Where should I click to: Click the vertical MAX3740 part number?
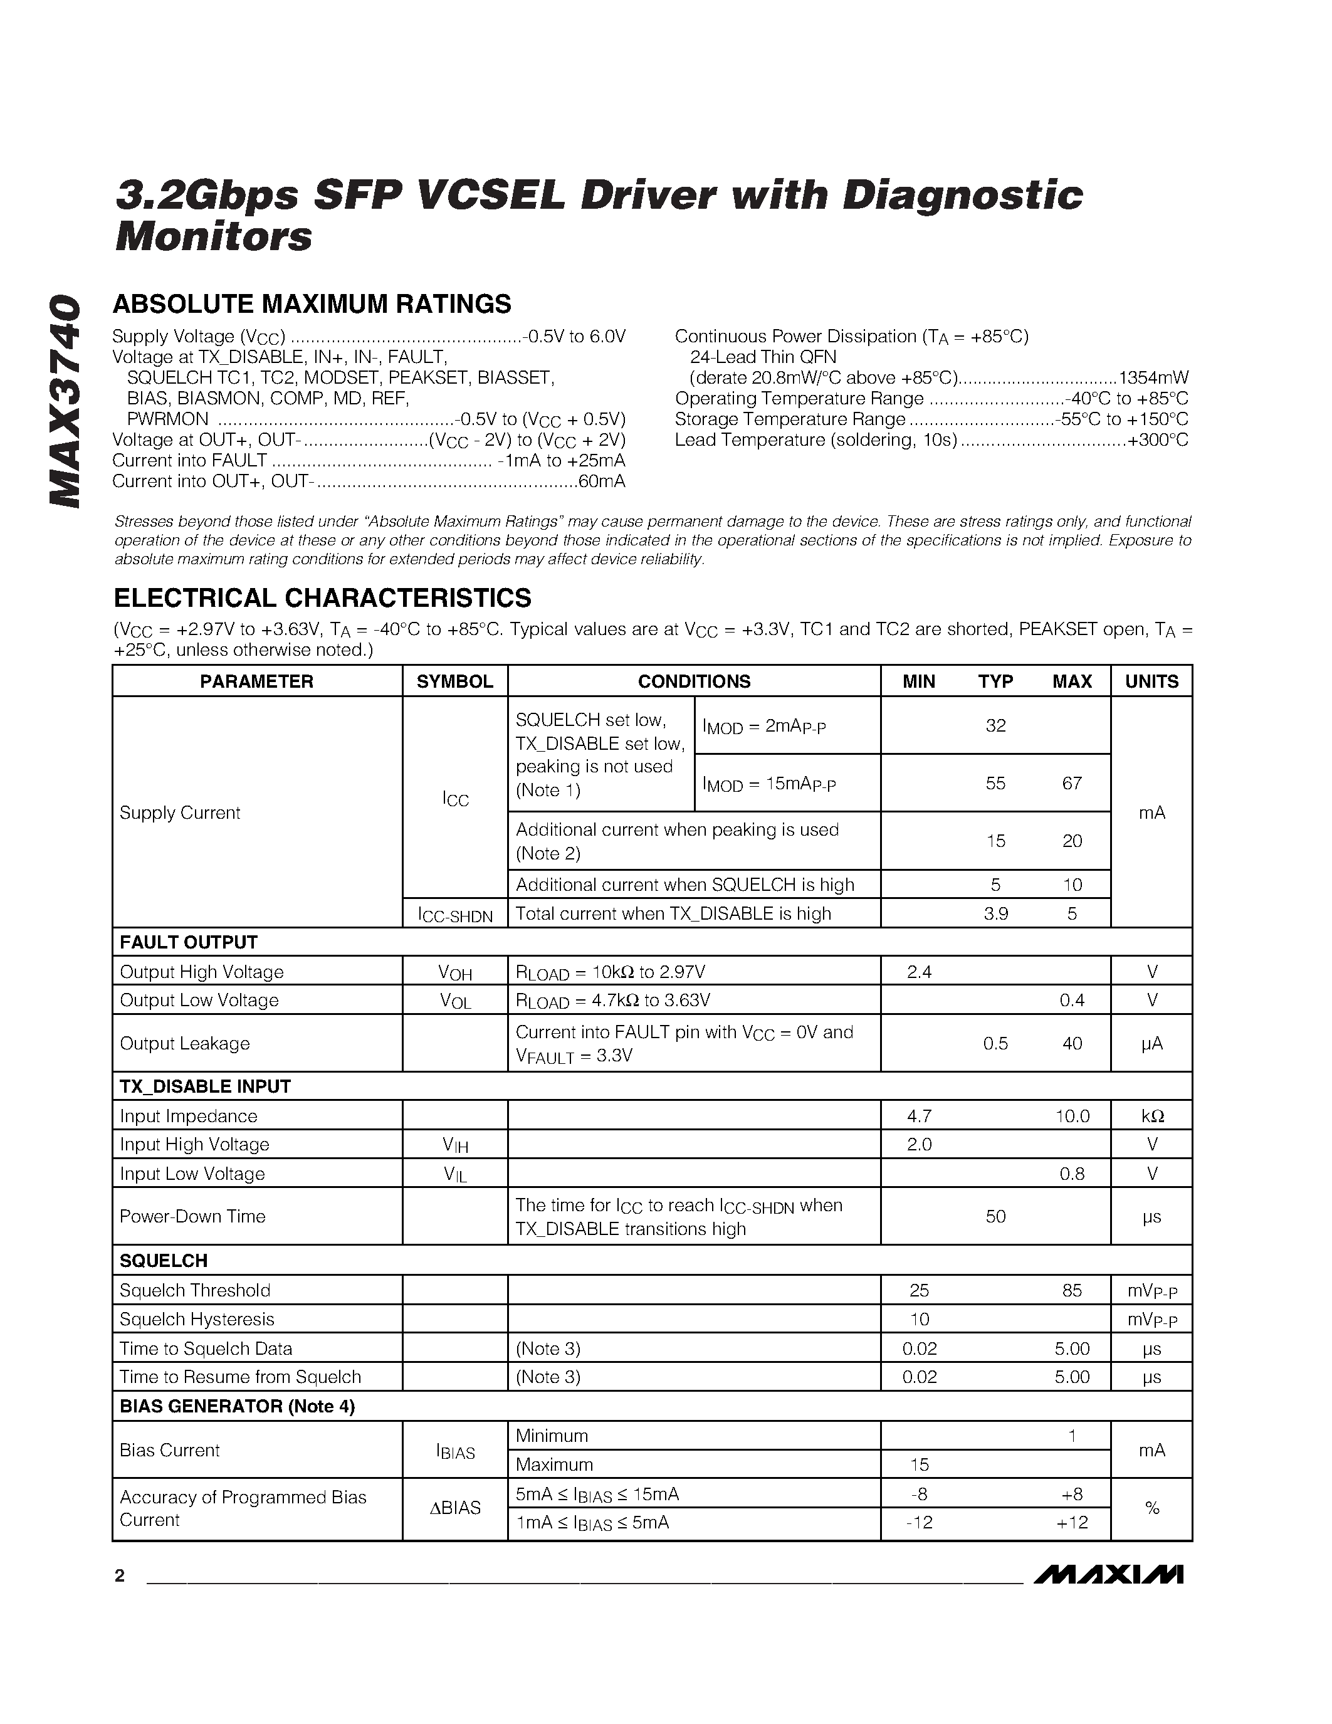point(65,402)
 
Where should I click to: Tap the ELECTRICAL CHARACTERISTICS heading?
point(322,597)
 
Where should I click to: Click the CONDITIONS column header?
point(694,681)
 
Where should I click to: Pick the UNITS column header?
point(1151,681)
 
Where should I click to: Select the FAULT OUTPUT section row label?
point(189,942)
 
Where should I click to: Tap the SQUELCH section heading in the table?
point(164,1260)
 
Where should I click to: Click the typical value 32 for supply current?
point(995,725)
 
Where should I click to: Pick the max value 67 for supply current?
point(1072,783)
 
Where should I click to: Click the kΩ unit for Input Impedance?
point(1151,1116)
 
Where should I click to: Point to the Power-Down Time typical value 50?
point(995,1216)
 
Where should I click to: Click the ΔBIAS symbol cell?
point(455,1508)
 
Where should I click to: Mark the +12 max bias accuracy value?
point(1072,1522)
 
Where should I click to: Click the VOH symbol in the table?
point(455,972)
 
